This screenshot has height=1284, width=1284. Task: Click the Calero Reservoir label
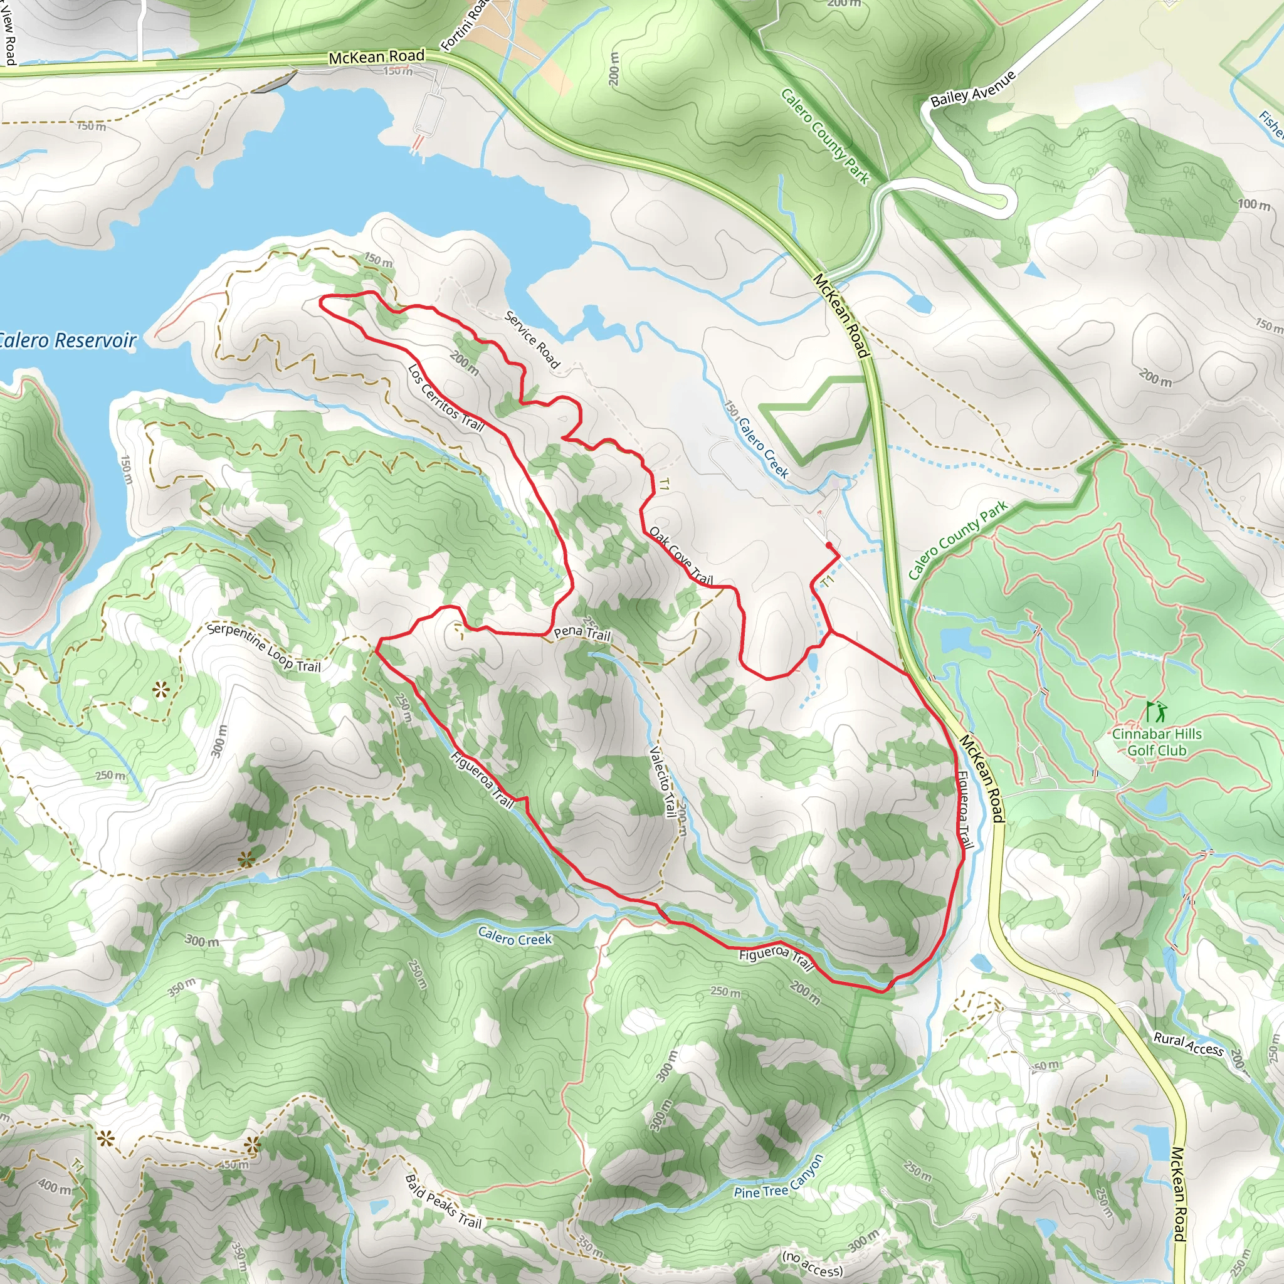point(66,341)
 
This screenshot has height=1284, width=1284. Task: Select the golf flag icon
point(1155,712)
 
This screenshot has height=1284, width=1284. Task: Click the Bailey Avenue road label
point(973,88)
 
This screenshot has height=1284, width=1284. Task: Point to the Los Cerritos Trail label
point(446,397)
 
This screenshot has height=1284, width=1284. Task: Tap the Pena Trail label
point(582,633)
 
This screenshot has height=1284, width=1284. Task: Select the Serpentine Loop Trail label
point(264,647)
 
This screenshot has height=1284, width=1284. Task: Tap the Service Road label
point(532,340)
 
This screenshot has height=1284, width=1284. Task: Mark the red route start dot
point(829,545)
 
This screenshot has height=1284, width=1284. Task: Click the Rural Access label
point(1188,1044)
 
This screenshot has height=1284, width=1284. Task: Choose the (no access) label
point(812,1264)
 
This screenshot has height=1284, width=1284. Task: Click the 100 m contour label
point(1254,204)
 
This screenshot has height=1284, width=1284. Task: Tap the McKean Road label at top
point(376,57)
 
